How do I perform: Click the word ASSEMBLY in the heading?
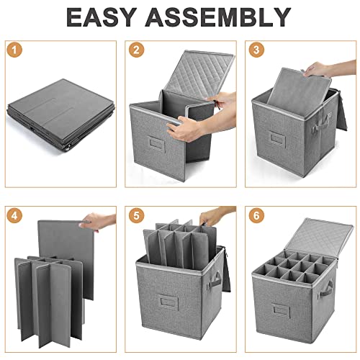pos(218,17)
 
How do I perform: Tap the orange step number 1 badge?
pos(14,50)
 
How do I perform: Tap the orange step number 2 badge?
pos(136,50)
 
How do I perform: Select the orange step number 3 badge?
pos(256,50)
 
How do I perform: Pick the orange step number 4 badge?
pos(14,215)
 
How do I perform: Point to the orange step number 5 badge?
pos(136,215)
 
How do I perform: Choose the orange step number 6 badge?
pos(256,215)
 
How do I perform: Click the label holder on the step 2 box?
pos(157,143)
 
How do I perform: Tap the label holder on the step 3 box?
pos(277,138)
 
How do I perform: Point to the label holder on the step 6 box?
pos(281,310)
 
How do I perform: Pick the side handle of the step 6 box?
pos(326,289)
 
